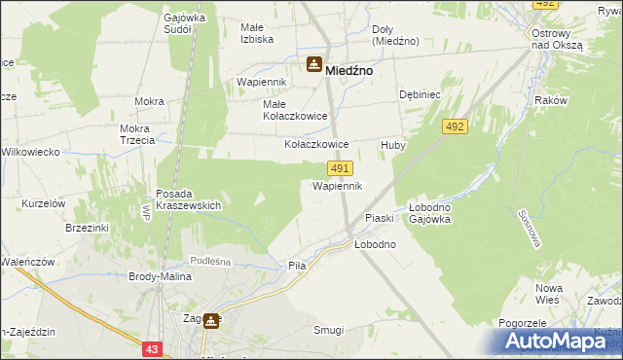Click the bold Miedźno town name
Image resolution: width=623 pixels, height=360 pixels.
tap(351, 70)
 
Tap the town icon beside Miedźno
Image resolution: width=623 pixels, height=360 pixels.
tap(314, 66)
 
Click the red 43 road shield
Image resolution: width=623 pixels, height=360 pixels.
tap(151, 348)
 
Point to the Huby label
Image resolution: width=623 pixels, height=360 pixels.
tap(392, 145)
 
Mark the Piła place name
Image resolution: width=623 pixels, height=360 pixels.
tap(297, 265)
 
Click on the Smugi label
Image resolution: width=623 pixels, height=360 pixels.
tap(328, 330)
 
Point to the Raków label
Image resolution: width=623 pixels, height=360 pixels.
tap(551, 100)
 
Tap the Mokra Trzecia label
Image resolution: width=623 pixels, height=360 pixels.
tap(137, 134)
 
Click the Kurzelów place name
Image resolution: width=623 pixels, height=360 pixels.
tap(43, 203)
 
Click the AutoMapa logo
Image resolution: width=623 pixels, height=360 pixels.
tap(561, 342)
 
